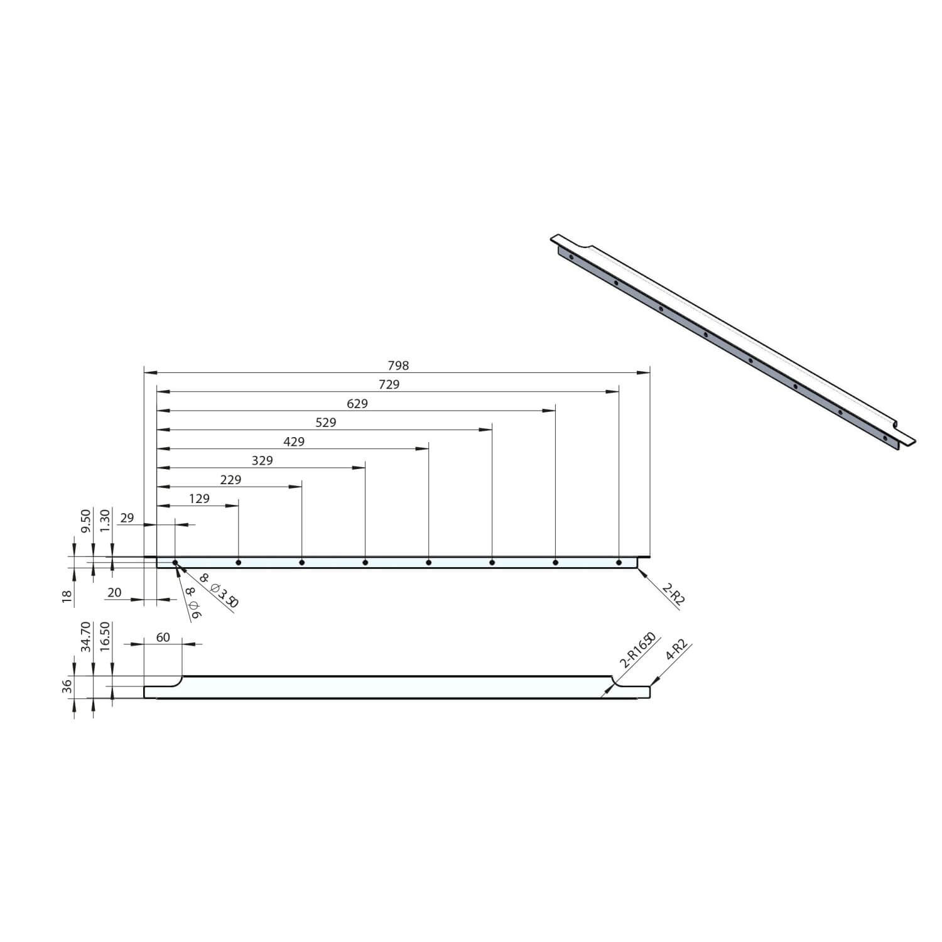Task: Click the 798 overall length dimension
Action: tap(398, 365)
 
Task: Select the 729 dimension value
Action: tap(389, 384)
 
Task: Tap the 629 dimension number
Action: tap(357, 404)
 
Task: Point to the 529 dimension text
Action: tap(325, 423)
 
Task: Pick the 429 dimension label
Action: tap(294, 441)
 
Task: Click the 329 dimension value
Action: tap(262, 460)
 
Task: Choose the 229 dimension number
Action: tap(230, 480)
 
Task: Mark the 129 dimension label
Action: tap(199, 499)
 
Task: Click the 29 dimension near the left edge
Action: tap(127, 518)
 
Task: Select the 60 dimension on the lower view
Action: tap(163, 637)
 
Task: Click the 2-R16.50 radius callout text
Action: tap(637, 650)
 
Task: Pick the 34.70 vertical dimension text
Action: tap(86, 637)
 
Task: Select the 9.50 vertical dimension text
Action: tap(86, 521)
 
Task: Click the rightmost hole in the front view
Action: tap(619, 563)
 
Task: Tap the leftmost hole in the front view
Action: tap(175, 563)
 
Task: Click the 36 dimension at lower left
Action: tap(67, 686)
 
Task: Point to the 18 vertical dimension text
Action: tap(67, 593)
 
